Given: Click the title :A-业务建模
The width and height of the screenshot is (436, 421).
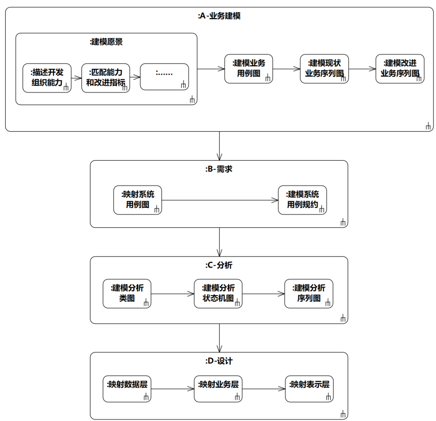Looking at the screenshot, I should coord(219,17).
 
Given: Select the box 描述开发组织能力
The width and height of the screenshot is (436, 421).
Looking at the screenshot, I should coord(47,78).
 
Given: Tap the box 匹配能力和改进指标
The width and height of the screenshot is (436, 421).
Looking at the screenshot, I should coord(106,78).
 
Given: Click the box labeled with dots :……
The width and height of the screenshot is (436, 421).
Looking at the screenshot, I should coord(164,77).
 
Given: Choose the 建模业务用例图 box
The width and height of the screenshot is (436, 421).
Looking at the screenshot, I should coord(249,69).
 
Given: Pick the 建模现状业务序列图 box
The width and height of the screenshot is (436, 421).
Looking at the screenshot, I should coord(324,69).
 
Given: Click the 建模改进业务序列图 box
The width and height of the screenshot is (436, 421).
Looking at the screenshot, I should coord(400,69).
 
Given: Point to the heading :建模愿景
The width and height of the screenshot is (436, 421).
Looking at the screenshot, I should coord(106,42).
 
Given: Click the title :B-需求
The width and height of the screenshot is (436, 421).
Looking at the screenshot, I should coord(219,170).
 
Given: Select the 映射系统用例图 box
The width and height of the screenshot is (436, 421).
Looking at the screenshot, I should coord(138,200).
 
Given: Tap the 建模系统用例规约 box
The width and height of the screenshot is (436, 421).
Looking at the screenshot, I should coord(302,200).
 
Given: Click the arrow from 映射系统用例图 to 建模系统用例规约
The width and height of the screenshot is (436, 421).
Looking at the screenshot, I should coord(220,200).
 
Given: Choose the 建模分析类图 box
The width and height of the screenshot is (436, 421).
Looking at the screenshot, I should coord(127,293).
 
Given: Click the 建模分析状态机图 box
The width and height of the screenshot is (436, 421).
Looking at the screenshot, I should coord(218,293).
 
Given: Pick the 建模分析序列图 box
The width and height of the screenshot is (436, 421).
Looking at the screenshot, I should coord(309,293).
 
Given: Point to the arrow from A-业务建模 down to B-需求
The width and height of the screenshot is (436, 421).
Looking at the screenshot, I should coord(219,146).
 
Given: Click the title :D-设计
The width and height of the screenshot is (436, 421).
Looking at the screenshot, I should coord(219,361).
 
